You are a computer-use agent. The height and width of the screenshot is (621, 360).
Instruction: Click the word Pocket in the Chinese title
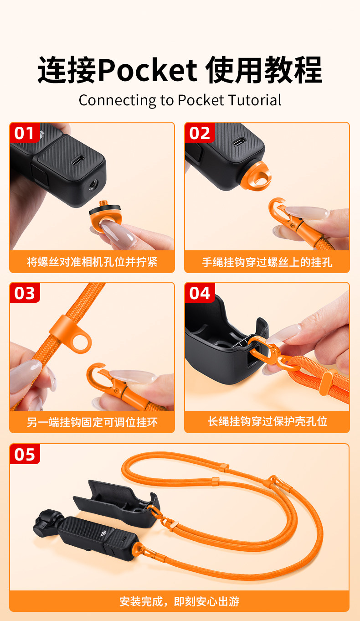click(148, 70)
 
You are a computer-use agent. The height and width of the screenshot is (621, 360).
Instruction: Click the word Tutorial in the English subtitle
click(255, 100)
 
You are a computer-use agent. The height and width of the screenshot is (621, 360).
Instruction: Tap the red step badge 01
click(25, 133)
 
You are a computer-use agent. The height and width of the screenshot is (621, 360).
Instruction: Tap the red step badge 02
click(200, 133)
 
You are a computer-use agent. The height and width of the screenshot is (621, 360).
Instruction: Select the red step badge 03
click(25, 293)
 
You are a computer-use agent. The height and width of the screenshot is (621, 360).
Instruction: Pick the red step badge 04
click(200, 293)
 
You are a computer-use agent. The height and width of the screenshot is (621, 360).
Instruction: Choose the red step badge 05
click(25, 454)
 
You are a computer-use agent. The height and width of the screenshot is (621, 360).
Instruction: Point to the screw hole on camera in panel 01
click(94, 185)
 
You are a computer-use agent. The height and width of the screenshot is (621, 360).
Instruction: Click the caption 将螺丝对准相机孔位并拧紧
click(92, 262)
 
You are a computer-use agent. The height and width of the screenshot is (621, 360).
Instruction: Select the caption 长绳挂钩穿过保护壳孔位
click(267, 421)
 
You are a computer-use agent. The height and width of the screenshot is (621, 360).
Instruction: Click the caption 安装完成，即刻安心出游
click(180, 601)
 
